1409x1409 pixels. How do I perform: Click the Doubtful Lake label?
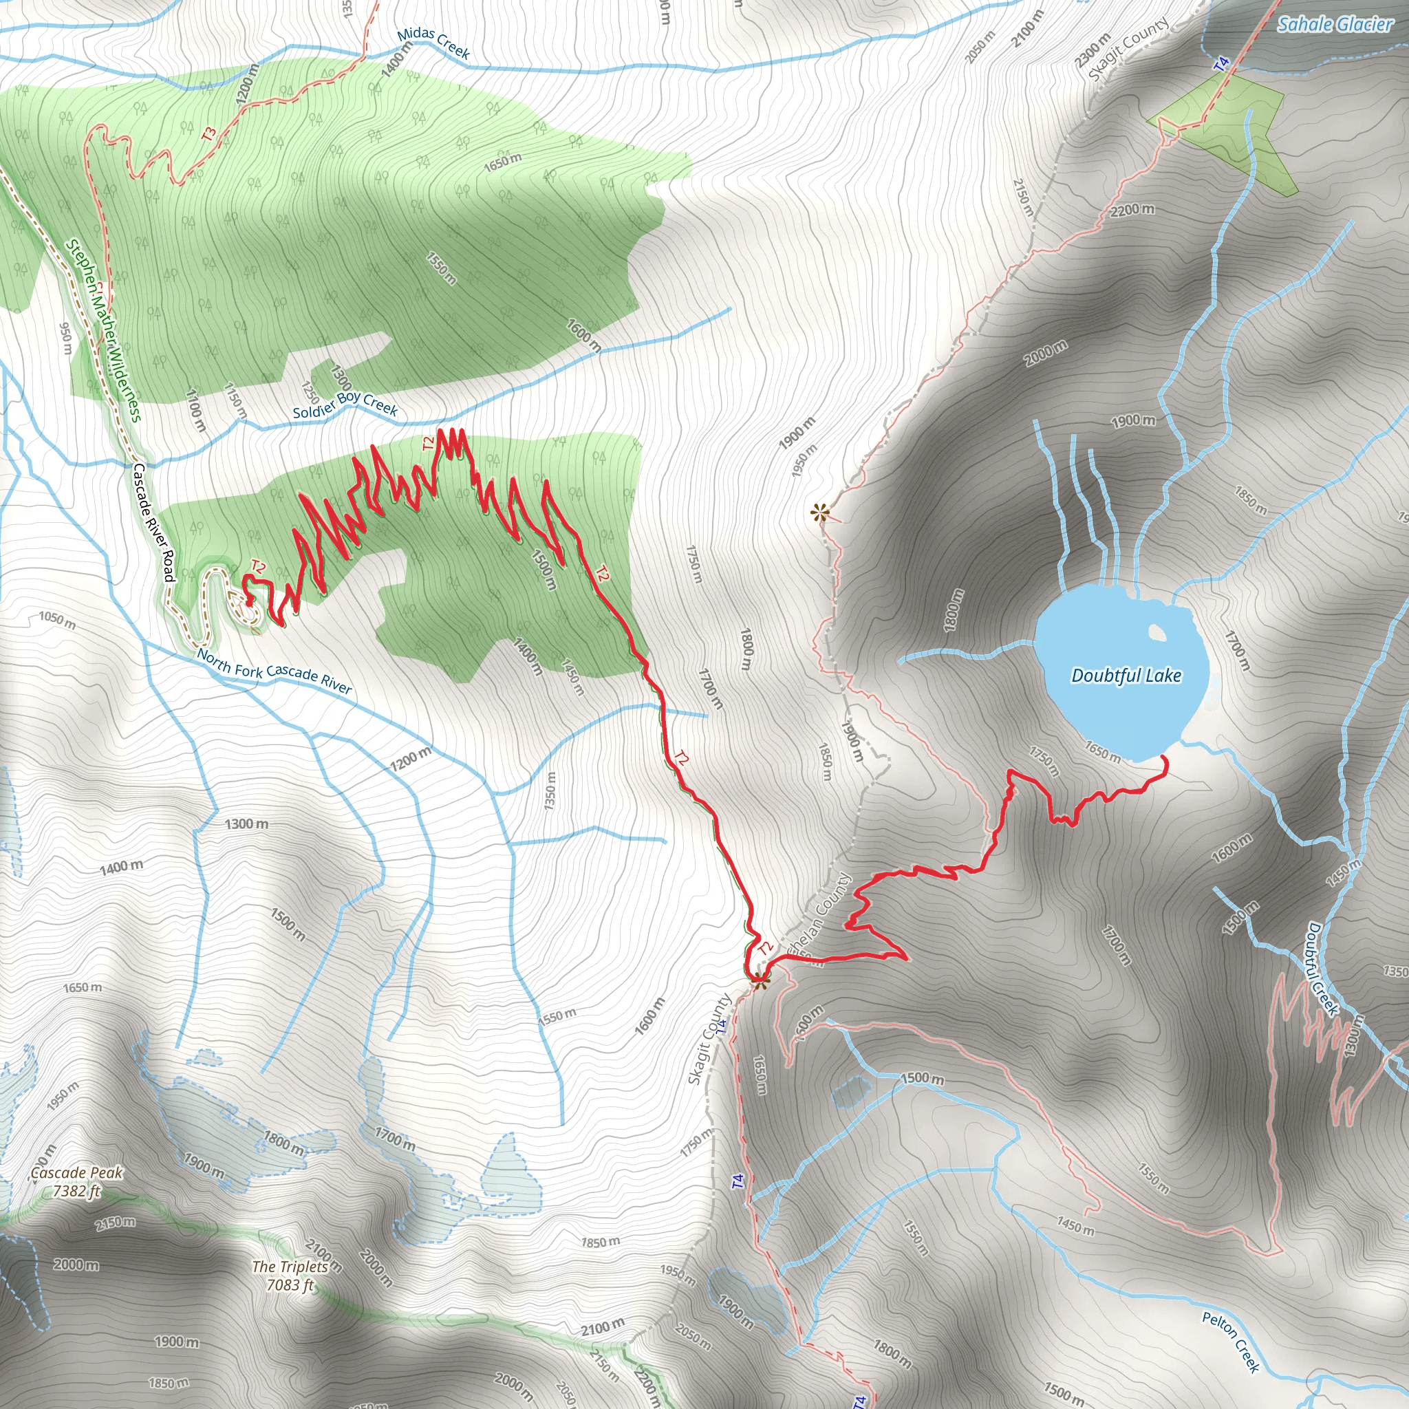coord(1126,676)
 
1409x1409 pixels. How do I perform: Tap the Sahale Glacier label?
coord(1335,24)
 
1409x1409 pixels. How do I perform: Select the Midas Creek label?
coord(433,43)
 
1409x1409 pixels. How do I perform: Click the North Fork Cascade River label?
coord(275,671)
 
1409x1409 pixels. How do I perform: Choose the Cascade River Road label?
coord(154,522)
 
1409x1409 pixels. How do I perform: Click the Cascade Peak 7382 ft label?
coord(76,1181)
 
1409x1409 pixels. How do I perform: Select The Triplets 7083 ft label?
coord(290,1276)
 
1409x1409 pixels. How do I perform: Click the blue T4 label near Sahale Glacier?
coord(1222,64)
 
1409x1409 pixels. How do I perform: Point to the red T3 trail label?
coord(209,133)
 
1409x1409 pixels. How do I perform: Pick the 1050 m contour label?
coord(57,620)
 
